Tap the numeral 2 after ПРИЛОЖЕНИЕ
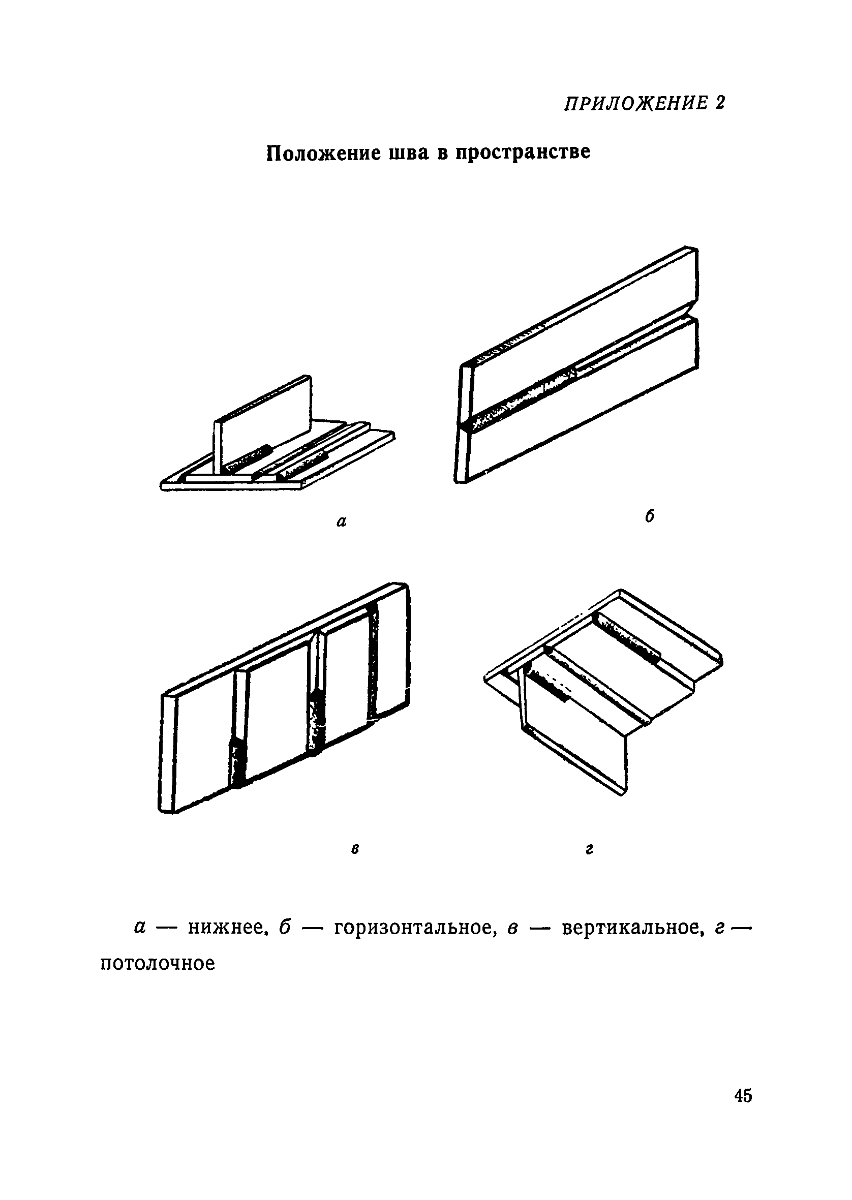point(719,103)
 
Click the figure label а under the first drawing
point(342,522)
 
